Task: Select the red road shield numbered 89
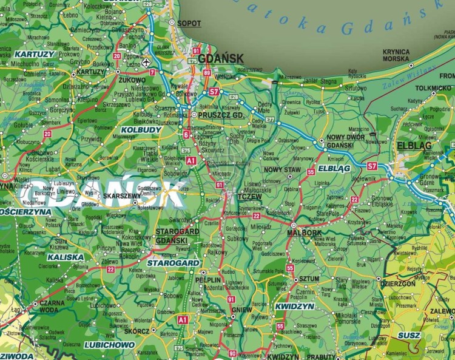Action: (x=207, y=73)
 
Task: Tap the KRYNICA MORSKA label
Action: (x=396, y=55)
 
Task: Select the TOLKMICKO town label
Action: (x=433, y=89)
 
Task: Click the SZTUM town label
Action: (x=310, y=279)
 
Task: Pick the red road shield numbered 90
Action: (x=232, y=353)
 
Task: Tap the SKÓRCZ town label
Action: (x=136, y=331)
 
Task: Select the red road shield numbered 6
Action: (x=186, y=134)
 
